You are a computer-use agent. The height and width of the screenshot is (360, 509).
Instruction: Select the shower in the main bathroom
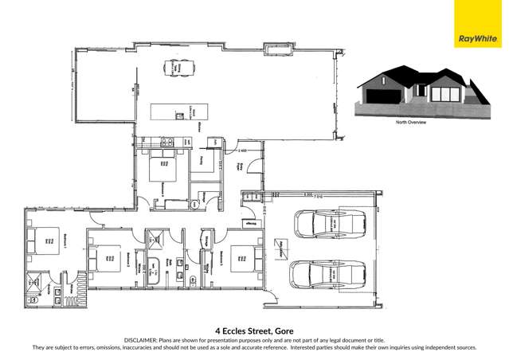[x=155, y=237]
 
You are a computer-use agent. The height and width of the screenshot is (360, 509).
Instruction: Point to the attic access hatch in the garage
[x=280, y=245]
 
